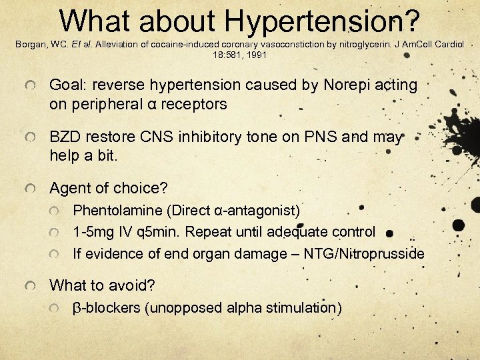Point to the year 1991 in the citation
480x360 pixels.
point(255,55)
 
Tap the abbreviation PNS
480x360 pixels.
point(324,137)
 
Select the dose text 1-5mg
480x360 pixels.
point(90,232)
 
